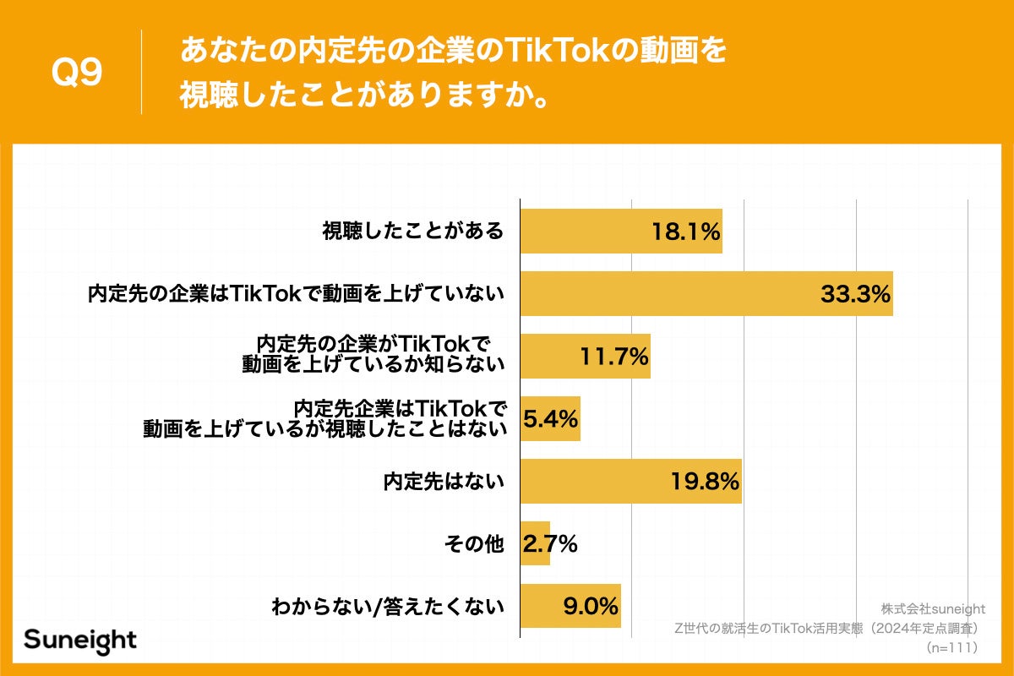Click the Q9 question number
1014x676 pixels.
(x=77, y=73)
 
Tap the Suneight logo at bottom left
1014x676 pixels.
(x=80, y=640)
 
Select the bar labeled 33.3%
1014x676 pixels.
(x=706, y=294)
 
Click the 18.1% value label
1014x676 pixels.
(x=685, y=232)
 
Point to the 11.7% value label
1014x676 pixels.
(x=614, y=356)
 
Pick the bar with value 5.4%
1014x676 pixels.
(x=550, y=418)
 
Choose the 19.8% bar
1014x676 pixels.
(x=630, y=482)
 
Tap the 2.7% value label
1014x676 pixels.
(x=550, y=544)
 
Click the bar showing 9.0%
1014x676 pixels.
(x=570, y=606)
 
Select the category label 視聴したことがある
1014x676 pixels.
(x=413, y=232)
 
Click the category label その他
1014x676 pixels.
(x=474, y=545)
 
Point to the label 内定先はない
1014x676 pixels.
(x=444, y=482)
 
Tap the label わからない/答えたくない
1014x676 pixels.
(x=388, y=606)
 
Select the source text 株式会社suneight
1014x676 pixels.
(x=933, y=609)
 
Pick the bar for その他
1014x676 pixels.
(x=535, y=544)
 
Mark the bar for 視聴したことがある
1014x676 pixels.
(x=621, y=232)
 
